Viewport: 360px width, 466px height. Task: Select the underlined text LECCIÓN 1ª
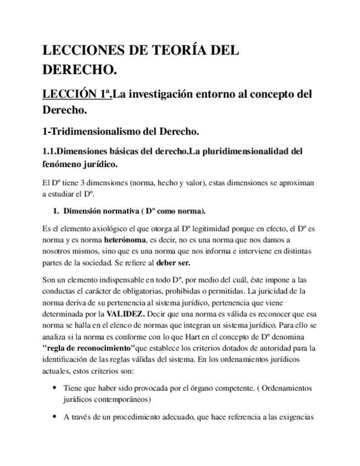pyautogui.click(x=76, y=94)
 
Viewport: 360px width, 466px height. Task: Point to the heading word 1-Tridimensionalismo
pyautogui.click(x=91, y=132)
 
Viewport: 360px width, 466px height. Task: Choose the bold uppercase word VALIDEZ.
pyautogui.click(x=125, y=314)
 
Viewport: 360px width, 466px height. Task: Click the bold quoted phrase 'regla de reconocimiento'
pyautogui.click(x=88, y=348)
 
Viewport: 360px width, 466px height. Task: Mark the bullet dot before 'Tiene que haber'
pyautogui.click(x=54, y=388)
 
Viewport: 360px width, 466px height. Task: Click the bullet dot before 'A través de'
pyautogui.click(x=54, y=417)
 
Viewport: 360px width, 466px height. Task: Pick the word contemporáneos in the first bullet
pyautogui.click(x=123, y=400)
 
